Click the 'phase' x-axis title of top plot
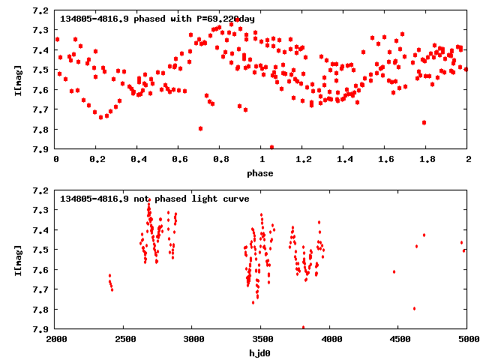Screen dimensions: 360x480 point(262,173)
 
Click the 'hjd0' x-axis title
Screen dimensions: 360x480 point(262,352)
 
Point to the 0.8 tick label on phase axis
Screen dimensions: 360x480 point(220,160)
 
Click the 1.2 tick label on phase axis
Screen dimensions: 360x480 point(303,160)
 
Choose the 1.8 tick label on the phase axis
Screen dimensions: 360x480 point(427,160)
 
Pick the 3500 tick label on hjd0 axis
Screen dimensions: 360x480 point(262,338)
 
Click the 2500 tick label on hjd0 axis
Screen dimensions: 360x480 point(124,338)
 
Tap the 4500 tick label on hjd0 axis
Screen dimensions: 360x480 point(399,338)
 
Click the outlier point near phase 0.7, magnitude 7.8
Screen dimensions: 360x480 point(200,128)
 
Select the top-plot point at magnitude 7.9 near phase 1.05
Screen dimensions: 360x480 point(271,147)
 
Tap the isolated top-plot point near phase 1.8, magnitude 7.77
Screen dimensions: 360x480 point(424,122)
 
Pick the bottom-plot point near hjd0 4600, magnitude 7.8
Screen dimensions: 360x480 point(414,308)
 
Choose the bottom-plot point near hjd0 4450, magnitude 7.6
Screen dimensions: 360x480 point(394,271)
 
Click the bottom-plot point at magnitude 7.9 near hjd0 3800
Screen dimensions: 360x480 point(303,327)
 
